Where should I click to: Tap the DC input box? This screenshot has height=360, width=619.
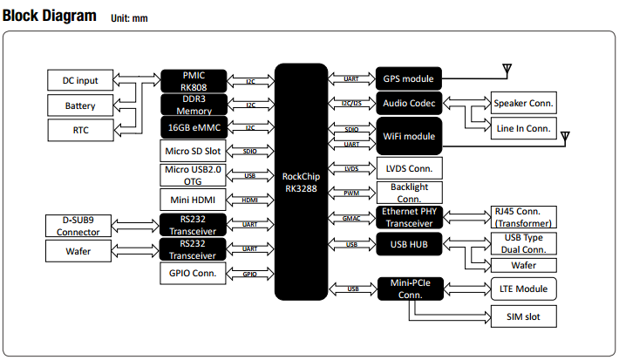[80, 81]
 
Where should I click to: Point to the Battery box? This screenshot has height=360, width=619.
[80, 106]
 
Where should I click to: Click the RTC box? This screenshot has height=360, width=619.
[80, 131]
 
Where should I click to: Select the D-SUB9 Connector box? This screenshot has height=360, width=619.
[78, 225]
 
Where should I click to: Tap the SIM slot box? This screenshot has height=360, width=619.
[523, 316]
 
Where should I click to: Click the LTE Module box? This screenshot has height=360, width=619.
[523, 288]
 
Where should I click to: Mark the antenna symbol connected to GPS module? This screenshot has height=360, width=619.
[506, 68]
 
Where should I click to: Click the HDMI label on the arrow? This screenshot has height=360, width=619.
[249, 200]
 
